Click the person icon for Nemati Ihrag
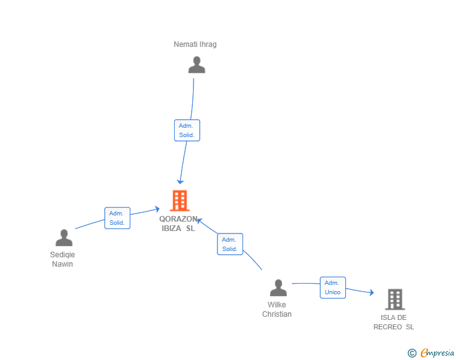197,65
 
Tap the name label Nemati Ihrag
195,44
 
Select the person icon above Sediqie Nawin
64,238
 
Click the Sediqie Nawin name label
62,259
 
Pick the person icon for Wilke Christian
278,288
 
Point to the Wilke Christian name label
277,309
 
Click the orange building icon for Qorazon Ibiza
180,200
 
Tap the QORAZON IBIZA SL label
179,224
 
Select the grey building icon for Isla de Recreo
395,299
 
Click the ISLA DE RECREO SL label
394,322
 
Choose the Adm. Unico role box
333,287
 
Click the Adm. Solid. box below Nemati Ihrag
187,130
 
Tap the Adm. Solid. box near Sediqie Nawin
117,218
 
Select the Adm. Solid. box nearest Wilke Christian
230,244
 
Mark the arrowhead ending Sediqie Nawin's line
158,209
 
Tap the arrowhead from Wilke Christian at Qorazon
200,220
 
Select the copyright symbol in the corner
412,353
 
